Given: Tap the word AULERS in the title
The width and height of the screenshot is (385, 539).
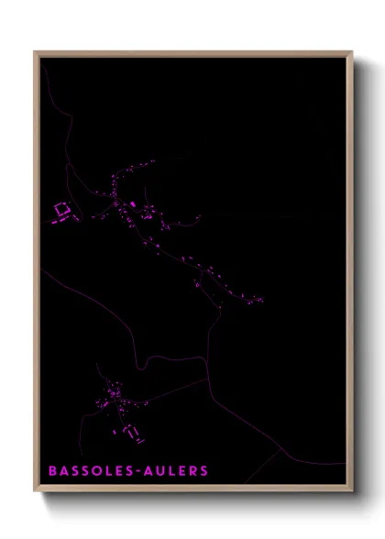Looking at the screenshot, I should click(x=177, y=471).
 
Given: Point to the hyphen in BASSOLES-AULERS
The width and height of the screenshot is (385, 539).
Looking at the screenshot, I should click(x=140, y=471).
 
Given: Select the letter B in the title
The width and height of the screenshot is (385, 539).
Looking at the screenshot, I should click(x=53, y=471).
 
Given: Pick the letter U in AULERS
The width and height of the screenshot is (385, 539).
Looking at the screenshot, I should click(x=161, y=471).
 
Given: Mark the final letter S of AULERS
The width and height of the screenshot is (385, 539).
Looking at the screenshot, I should click(x=203, y=471).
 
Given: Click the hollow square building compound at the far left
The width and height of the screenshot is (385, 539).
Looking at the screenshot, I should click(x=62, y=212).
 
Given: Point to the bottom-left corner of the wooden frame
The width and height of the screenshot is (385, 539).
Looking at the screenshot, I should click(x=36, y=491).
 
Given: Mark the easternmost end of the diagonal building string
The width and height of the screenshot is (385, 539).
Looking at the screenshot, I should click(x=260, y=299).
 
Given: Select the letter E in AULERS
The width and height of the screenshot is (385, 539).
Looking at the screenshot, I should click(x=182, y=471).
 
